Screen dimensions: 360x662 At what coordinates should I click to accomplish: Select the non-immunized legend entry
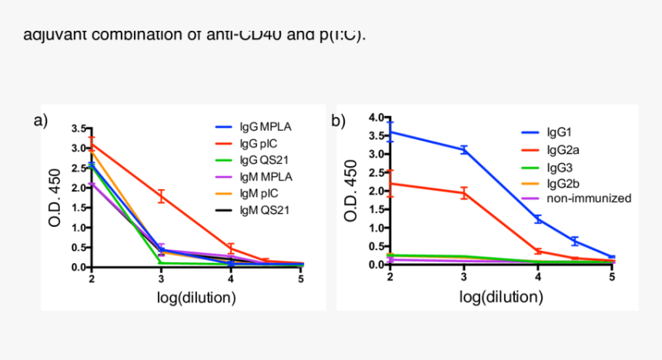pyautogui.click(x=589, y=198)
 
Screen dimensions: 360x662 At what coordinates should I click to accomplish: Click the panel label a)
pyautogui.click(x=41, y=120)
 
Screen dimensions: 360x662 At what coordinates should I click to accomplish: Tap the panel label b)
pyautogui.click(x=338, y=120)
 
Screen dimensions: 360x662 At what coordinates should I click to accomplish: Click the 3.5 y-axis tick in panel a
pyautogui.click(x=78, y=128)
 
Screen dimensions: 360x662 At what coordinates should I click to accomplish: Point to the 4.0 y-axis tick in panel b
pyautogui.click(x=376, y=118)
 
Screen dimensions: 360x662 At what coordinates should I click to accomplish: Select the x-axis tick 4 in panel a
pyautogui.click(x=232, y=278)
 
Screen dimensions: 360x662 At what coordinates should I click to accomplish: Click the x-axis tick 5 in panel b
pyautogui.click(x=612, y=277)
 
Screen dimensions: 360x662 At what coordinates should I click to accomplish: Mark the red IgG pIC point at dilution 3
pyautogui.click(x=162, y=197)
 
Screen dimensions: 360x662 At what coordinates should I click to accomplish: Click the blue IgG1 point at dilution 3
pyautogui.click(x=464, y=150)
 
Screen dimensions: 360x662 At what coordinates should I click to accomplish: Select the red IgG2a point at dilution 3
pyautogui.click(x=464, y=193)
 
